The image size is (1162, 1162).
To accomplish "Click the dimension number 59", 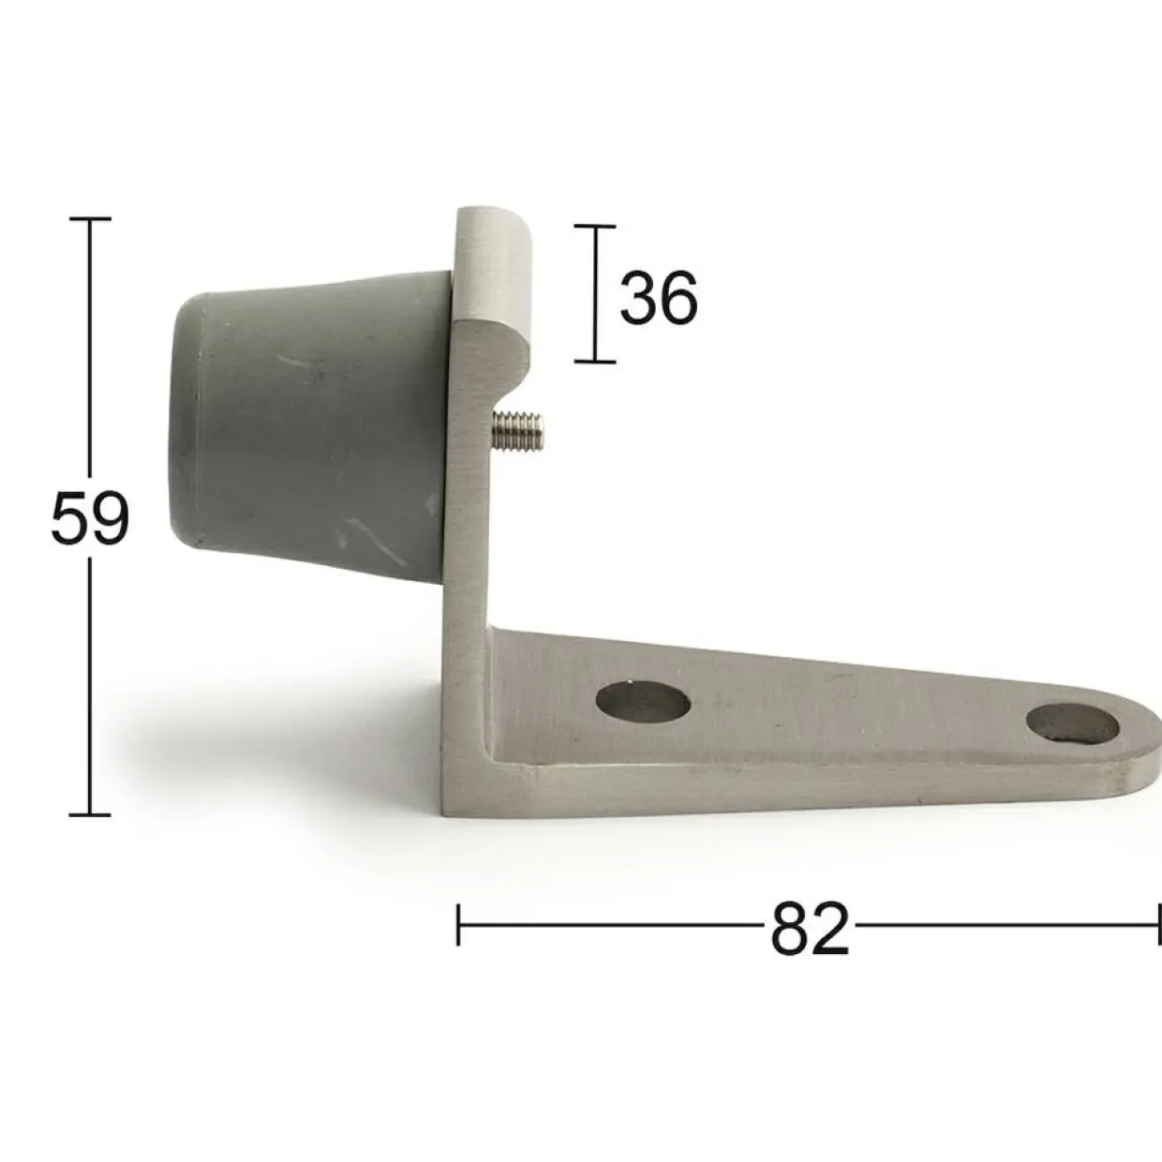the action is [90, 516].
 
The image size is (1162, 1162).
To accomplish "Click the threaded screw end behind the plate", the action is [518, 430].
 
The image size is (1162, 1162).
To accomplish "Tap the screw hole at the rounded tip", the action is [1071, 725].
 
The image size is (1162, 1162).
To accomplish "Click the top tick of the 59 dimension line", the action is [91, 219].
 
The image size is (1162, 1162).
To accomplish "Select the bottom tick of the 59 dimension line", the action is [90, 814].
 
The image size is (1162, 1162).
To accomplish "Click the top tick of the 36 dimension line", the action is [595, 226].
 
